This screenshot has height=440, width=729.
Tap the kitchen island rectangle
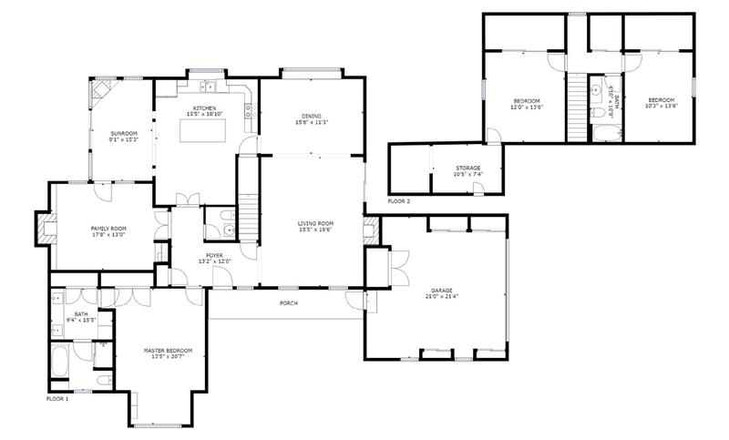[x=202, y=129]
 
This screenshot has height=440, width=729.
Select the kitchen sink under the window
[x=210, y=87]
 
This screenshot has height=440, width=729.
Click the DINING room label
[x=312, y=116]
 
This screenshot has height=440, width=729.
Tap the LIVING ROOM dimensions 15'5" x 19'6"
[x=316, y=230]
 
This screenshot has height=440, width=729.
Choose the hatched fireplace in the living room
[x=370, y=229]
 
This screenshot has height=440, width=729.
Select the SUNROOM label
[x=123, y=134]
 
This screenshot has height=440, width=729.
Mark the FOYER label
[x=214, y=255]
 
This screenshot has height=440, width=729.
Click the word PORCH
[x=288, y=303]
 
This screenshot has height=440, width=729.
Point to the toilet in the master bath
[x=103, y=379]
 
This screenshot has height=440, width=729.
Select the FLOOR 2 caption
[x=399, y=200]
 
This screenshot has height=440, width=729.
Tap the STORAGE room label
[x=468, y=168]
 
